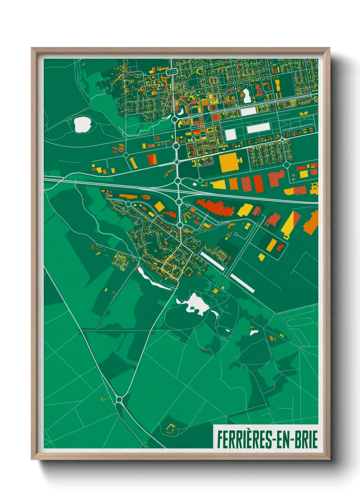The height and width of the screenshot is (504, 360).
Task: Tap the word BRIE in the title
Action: click(306, 440)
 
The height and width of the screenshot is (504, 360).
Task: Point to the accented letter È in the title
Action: click(246, 440)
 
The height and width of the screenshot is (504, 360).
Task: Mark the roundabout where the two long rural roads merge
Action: click(119, 399)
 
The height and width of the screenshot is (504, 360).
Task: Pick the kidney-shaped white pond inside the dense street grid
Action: click(246, 95)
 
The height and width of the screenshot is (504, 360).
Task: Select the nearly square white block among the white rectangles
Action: click(231, 135)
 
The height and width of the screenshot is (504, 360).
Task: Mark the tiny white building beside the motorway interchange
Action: click(195, 184)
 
